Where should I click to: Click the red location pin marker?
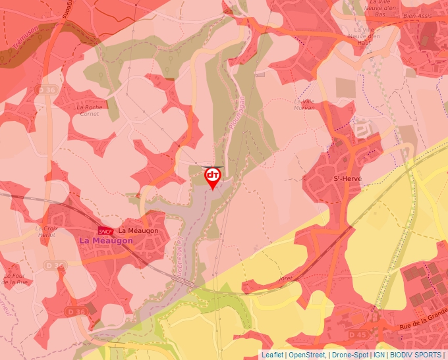(212, 177)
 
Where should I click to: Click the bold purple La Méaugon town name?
(105, 241)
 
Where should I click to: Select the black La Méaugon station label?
(138, 231)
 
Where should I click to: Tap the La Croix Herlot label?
(47, 231)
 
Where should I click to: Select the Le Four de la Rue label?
(16, 279)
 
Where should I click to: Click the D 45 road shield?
(358, 335)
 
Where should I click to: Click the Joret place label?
(285, 278)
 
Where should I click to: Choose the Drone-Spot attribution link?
(350, 355)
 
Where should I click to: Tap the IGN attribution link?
(379, 355)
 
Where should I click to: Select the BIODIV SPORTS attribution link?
(415, 355)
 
